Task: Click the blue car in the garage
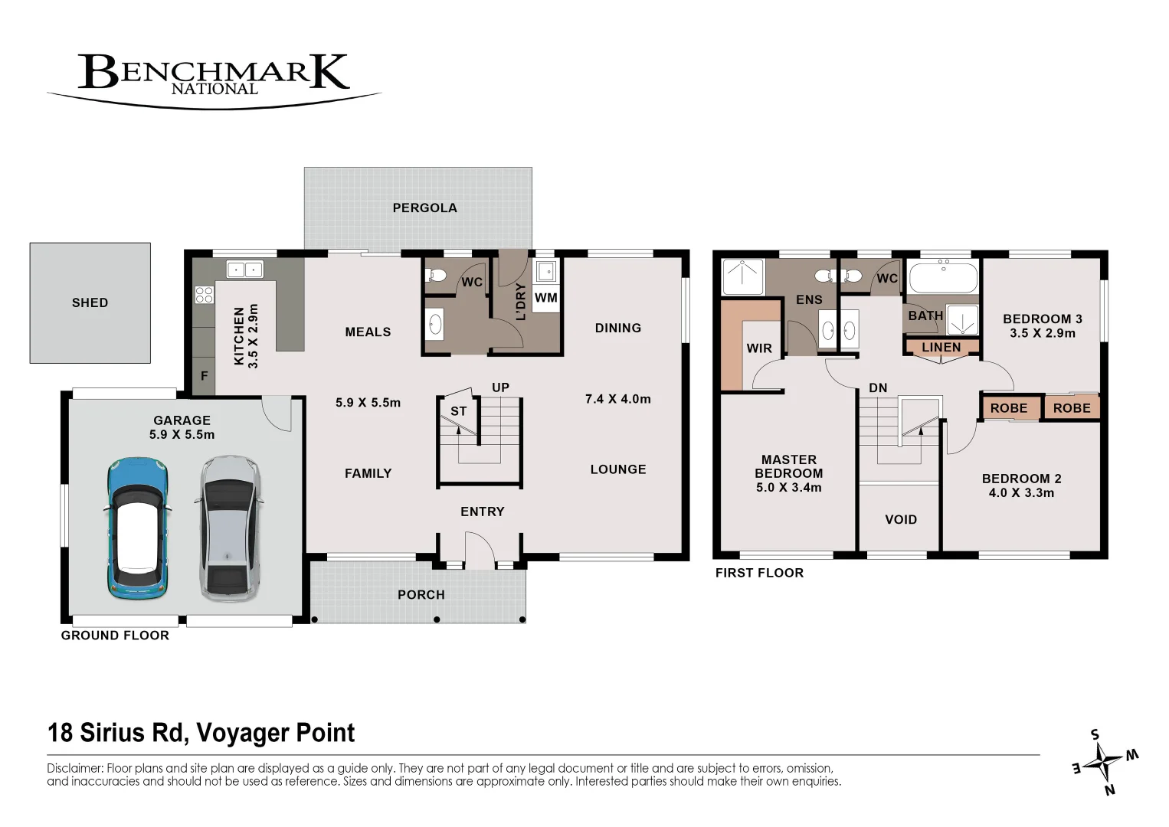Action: [138, 528]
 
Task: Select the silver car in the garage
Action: [230, 528]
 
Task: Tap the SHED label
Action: [90, 302]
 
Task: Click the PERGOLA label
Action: [425, 208]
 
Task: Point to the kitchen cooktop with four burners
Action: [204, 295]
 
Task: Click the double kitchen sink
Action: [245, 270]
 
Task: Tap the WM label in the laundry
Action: [546, 298]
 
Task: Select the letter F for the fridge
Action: [204, 376]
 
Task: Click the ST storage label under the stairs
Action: [458, 411]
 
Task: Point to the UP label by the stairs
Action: [500, 387]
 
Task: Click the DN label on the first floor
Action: [879, 387]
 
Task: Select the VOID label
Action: [901, 519]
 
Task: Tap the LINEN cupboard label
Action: [941, 347]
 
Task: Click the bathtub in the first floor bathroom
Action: [943, 277]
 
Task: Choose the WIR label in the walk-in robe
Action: [759, 348]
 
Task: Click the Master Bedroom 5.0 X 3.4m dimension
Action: [788, 487]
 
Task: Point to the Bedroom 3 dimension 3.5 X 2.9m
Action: [1042, 333]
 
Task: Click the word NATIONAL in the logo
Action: [214, 90]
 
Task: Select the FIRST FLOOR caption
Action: [759, 573]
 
